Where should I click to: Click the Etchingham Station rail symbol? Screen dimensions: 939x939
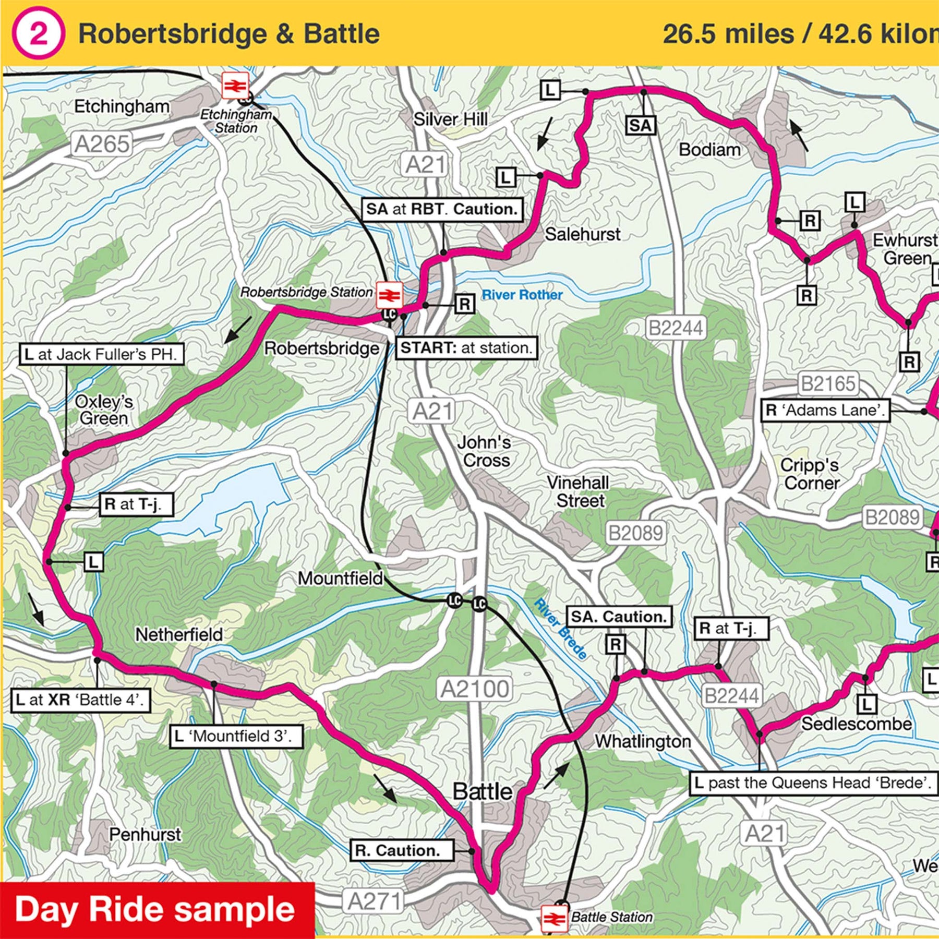[235, 86]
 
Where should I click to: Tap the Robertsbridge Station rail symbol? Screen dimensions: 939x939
[389, 295]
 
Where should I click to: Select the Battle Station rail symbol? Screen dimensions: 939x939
[554, 919]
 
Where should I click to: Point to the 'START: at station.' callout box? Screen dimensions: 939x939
[466, 348]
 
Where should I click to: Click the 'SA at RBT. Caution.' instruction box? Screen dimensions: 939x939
[442, 210]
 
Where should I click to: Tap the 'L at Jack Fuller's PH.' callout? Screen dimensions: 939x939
[102, 355]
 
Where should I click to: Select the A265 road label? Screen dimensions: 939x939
[102, 145]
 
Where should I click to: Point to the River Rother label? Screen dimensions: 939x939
[522, 295]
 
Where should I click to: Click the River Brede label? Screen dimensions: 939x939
[561, 630]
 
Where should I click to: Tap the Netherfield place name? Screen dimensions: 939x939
[179, 635]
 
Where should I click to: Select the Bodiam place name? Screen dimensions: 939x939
[709, 150]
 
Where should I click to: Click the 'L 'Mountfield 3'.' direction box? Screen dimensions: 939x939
[237, 737]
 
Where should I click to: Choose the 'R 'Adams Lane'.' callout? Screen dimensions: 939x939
[826, 411]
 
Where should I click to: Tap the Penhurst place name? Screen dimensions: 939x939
[145, 835]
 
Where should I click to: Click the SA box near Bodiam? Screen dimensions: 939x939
[640, 126]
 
